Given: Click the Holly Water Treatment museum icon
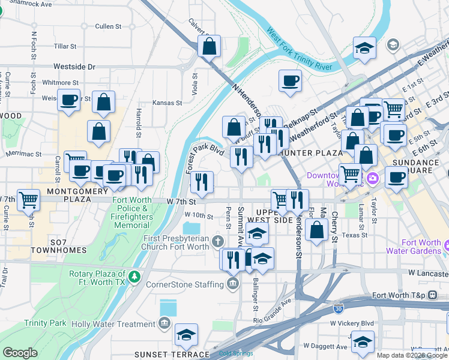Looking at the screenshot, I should (164, 324).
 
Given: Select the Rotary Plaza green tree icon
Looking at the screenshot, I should (136, 275).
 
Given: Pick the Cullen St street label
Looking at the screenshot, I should (108, 26).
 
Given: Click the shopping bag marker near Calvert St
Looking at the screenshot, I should (209, 46).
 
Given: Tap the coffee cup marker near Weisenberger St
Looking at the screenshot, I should (69, 99).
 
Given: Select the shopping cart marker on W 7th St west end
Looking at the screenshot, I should (28, 199).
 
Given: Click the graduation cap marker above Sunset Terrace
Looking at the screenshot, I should (187, 334).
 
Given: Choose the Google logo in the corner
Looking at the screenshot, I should (20, 352).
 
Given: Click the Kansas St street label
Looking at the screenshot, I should (167, 103).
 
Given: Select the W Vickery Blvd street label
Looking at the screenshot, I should (352, 323).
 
